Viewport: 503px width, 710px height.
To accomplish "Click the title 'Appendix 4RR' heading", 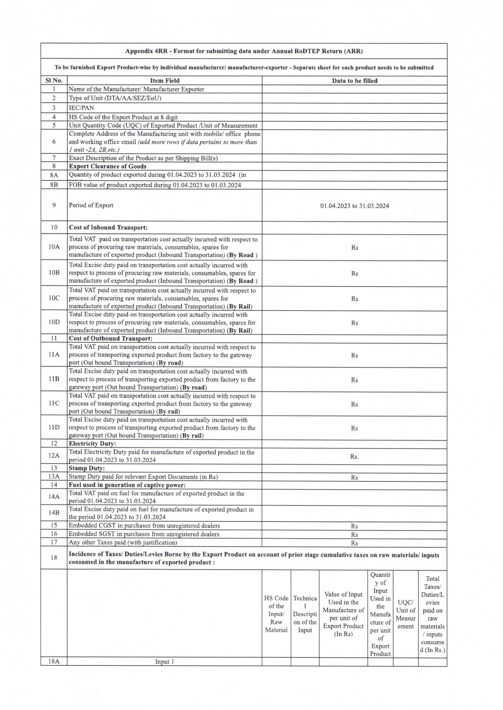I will point(244,51).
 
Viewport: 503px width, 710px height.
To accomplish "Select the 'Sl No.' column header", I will point(54,80).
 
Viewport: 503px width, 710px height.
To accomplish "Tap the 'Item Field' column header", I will point(164,80).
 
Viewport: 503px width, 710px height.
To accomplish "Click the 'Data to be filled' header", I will point(354,80).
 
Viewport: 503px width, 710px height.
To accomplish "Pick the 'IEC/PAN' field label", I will point(81,108).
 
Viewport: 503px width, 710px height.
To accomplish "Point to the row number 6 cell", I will point(54,142).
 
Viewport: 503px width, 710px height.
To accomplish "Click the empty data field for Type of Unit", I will point(354,98).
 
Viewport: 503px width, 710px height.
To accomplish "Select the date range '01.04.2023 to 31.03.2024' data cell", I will point(354,206).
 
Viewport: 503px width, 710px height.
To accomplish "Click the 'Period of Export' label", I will point(91,205).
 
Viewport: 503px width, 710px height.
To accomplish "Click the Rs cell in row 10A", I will point(354,247).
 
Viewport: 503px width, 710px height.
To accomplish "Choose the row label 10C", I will point(54,298).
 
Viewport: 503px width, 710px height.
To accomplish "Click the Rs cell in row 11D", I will point(354,428).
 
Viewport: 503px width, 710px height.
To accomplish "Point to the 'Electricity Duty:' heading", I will point(92,444).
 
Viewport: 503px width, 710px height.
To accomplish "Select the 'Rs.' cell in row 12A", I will point(354,456).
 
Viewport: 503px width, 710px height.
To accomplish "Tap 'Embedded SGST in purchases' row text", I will point(144,534).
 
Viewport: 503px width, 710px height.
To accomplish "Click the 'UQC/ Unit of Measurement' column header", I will point(406,614).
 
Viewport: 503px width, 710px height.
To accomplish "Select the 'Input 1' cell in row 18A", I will point(164,661).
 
